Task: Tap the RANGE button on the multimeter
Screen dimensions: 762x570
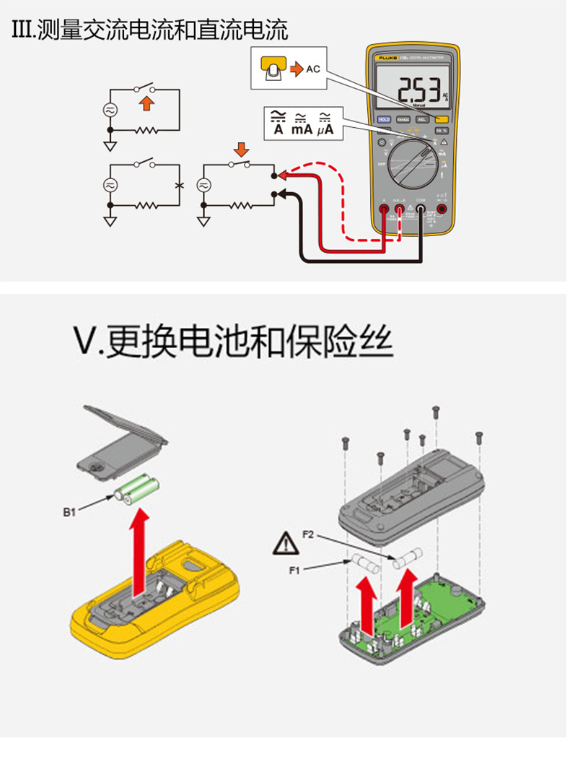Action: (x=403, y=119)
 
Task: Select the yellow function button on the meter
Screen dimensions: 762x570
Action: (x=442, y=119)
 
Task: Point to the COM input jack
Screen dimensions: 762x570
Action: (x=420, y=209)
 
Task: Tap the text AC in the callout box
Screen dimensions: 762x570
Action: (x=312, y=69)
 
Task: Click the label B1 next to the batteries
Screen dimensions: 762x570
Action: (x=69, y=512)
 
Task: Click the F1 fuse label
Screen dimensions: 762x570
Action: (x=294, y=571)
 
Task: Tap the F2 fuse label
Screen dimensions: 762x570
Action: (x=307, y=534)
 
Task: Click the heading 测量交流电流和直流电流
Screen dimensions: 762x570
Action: (x=150, y=30)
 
